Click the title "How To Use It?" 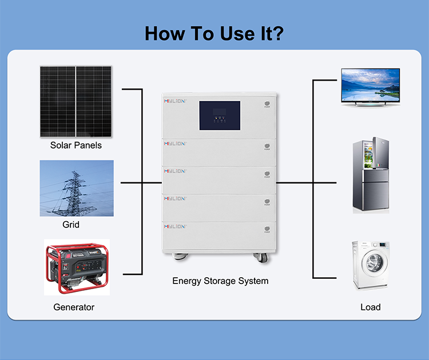[x=214, y=33]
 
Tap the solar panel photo [x=76, y=101]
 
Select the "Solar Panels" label [x=76, y=145]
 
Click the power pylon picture [x=76, y=188]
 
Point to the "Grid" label [x=71, y=225]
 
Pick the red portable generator [x=76, y=266]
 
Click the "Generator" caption [x=74, y=307]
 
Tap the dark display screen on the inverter [x=219, y=115]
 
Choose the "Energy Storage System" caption [x=220, y=281]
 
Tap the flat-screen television [x=370, y=86]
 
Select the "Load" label [x=370, y=307]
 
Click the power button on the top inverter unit [x=267, y=105]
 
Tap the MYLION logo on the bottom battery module [x=174, y=226]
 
